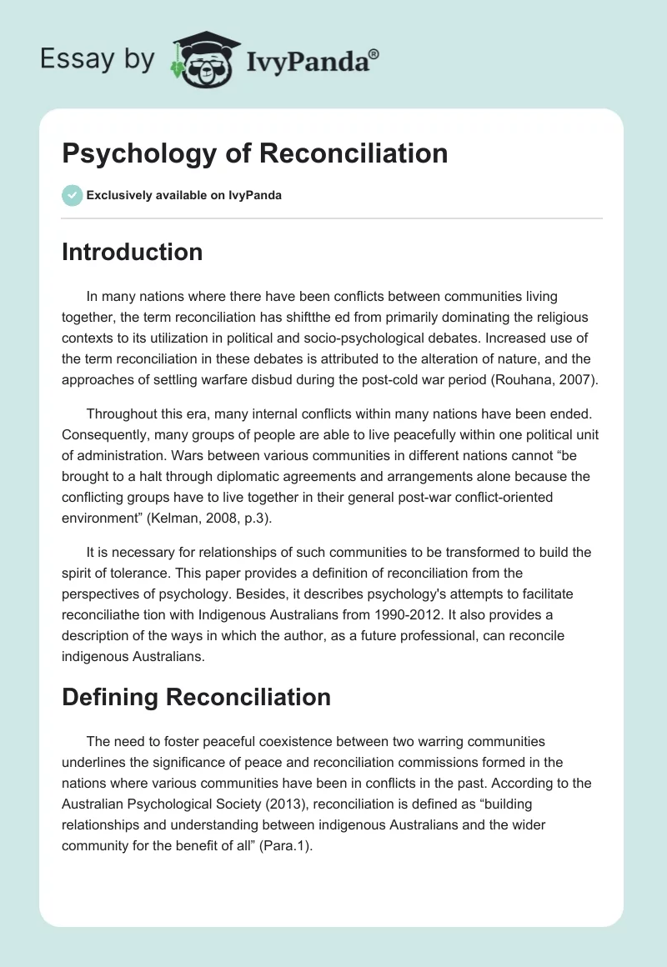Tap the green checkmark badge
click(72, 195)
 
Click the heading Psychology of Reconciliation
click(254, 153)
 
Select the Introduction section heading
click(132, 252)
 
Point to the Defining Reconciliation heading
click(196, 697)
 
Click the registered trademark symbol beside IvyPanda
click(374, 54)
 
